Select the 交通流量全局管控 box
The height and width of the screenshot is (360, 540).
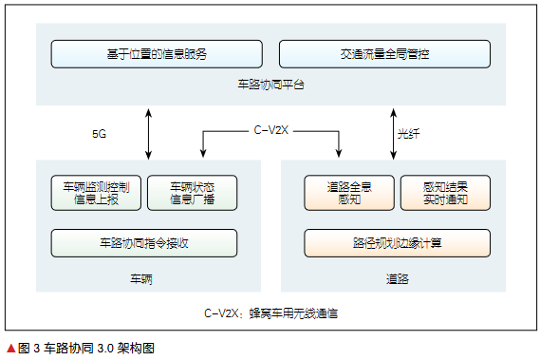[x=384, y=54]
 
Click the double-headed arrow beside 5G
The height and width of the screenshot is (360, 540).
[x=148, y=132]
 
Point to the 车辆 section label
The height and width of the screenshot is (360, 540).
[x=141, y=279]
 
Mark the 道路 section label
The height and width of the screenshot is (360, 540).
[x=397, y=279]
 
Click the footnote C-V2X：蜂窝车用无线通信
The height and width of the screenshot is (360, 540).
[x=271, y=311]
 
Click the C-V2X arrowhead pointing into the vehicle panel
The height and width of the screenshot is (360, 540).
[x=202, y=154]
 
